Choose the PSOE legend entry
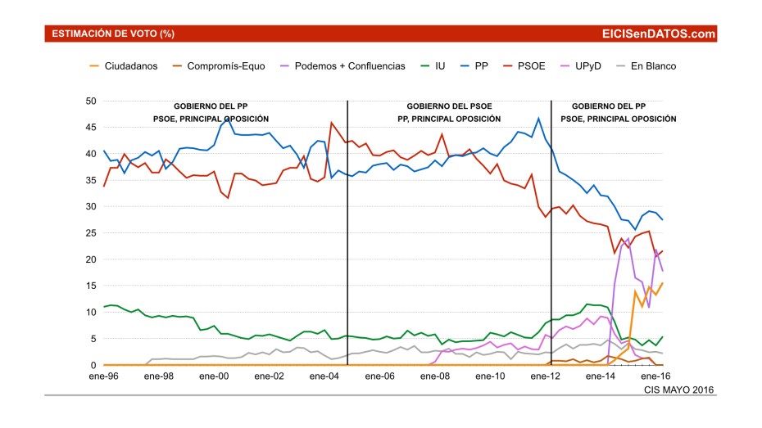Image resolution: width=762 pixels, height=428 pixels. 530,66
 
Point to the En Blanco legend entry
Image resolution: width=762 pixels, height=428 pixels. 653,66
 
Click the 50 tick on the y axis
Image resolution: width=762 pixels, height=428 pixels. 91,101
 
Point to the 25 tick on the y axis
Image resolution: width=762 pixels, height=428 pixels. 91,233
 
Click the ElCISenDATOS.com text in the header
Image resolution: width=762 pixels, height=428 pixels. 658,34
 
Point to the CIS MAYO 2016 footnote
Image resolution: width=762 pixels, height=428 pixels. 679,390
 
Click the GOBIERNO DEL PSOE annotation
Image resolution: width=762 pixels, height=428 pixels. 448,106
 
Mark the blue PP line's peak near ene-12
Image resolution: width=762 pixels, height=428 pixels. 538,118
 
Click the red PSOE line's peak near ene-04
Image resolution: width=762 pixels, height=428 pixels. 331,123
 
